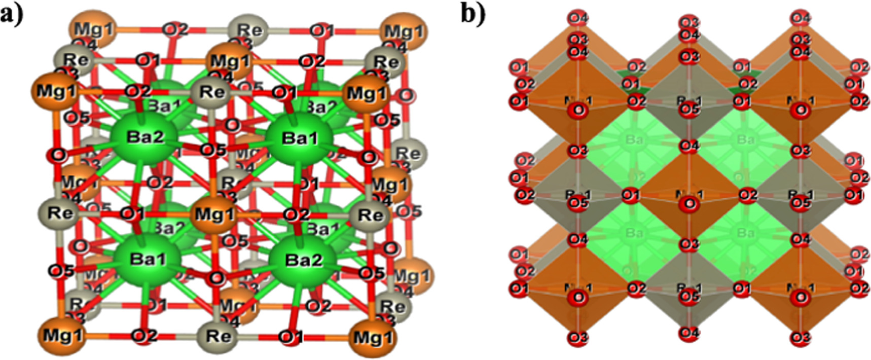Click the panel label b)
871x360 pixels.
tap(473, 14)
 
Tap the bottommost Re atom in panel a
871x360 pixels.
tap(218, 336)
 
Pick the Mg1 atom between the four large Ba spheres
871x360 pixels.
tap(215, 214)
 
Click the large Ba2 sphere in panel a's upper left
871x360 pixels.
tap(144, 137)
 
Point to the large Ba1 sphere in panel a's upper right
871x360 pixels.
tap(300, 137)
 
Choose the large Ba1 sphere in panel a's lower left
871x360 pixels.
tap(147, 259)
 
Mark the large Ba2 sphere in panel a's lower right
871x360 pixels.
tap(303, 261)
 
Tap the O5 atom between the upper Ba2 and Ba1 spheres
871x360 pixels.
tap(213, 150)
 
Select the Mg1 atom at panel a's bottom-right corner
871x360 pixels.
tap(373, 337)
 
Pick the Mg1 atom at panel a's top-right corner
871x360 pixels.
tap(403, 31)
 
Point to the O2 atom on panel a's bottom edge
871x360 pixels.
tap(144, 336)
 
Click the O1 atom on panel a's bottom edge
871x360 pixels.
tap(291, 336)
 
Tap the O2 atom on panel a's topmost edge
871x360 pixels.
tap(175, 29)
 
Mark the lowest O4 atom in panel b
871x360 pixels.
tap(689, 333)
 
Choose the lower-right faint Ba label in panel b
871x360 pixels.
tap(745, 233)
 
